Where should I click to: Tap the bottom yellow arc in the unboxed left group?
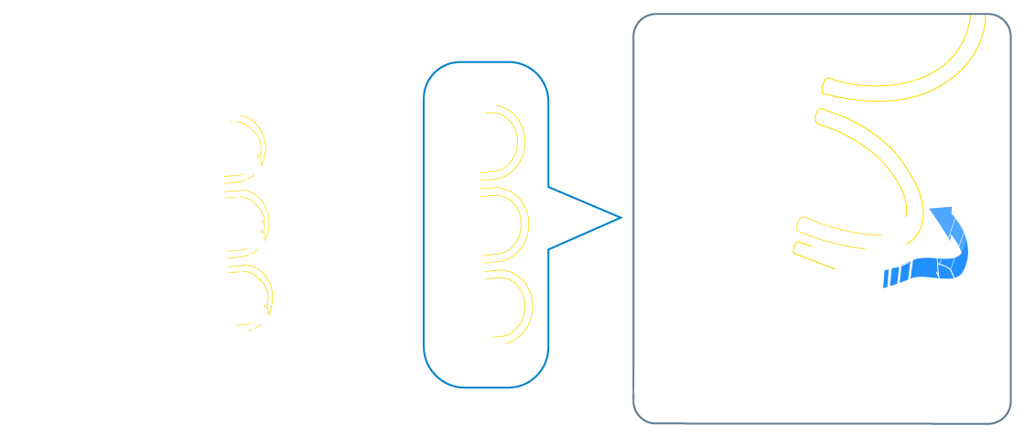(270, 295)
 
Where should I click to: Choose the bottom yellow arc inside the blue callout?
(528, 306)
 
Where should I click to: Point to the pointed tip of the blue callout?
(621, 218)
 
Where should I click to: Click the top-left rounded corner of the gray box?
(641, 22)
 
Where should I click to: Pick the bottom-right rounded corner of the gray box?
(1004, 416)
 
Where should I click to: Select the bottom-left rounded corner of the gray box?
(641, 416)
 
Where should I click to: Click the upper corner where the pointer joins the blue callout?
(548, 187)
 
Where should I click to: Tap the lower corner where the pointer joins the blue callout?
(548, 248)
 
